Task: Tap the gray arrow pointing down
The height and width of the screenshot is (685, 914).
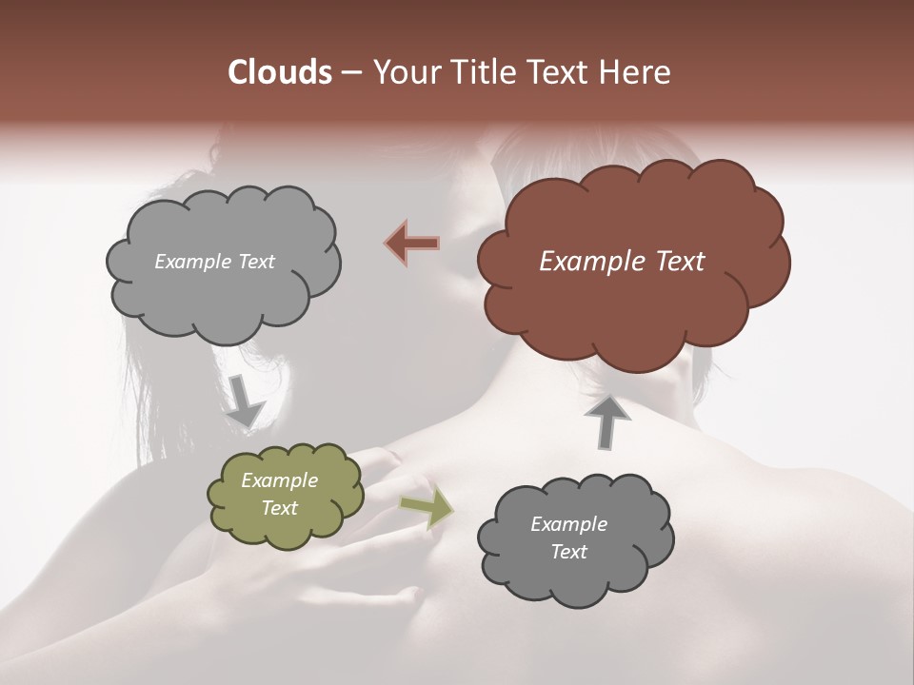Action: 245,400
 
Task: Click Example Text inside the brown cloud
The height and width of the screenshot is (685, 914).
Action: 622,262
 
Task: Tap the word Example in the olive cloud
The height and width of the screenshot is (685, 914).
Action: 279,480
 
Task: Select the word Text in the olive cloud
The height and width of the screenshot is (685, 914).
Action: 279,508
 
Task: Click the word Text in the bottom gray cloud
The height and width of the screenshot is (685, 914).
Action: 568,552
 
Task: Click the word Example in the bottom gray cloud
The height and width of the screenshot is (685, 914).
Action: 568,524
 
